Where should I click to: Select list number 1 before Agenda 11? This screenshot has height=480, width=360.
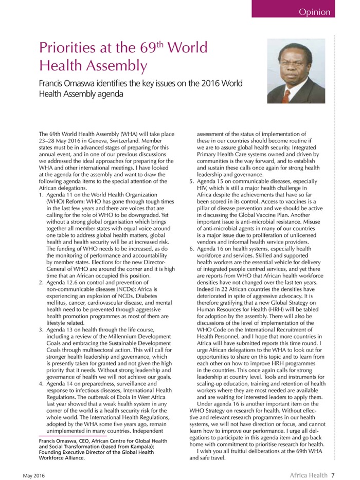pyautogui.click(x=41, y=194)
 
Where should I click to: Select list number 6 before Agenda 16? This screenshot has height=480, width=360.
pyautogui.click(x=191, y=248)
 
